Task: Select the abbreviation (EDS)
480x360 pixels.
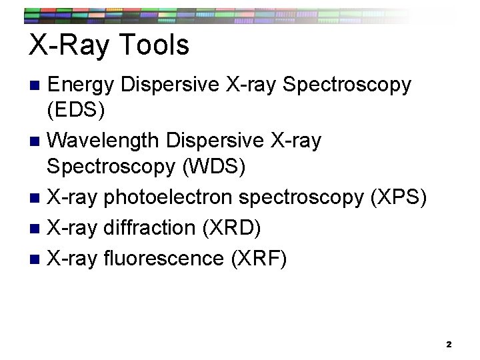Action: [77, 111]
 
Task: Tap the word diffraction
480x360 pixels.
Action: [147, 227]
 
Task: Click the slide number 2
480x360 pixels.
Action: [449, 344]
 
